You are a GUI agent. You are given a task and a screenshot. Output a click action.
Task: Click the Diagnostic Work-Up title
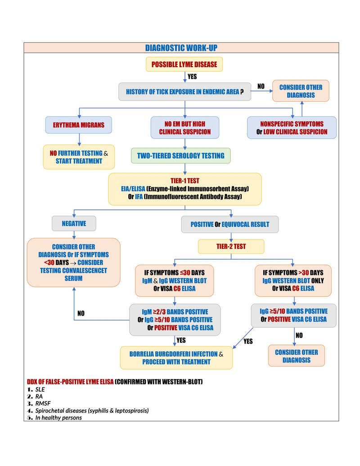point(181,48)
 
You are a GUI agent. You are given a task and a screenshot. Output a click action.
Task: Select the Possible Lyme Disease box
point(184,64)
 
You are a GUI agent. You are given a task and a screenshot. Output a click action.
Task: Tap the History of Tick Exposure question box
point(185,91)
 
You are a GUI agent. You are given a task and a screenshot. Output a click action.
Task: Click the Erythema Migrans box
point(79,125)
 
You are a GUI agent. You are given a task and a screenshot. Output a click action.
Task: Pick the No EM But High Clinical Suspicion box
point(185,127)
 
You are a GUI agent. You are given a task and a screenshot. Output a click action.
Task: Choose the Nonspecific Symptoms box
point(292,127)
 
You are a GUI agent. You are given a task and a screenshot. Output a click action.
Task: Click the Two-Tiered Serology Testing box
point(180,155)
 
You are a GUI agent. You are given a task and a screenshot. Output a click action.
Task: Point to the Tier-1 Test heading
point(185,181)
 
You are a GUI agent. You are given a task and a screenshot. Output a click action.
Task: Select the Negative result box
point(74,223)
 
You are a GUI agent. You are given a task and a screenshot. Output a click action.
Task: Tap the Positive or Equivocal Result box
point(230,224)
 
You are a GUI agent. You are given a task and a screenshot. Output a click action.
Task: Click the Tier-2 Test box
point(231,246)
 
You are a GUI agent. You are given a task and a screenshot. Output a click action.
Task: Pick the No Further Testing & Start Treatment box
point(79,157)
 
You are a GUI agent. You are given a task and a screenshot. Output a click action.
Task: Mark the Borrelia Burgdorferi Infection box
point(176,358)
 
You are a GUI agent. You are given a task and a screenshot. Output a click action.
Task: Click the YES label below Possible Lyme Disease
point(192,77)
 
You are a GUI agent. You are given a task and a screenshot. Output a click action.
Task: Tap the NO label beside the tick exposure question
point(261,86)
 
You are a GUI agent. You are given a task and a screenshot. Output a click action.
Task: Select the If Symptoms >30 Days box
point(293,281)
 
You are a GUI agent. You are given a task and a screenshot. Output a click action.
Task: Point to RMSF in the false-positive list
point(43,403)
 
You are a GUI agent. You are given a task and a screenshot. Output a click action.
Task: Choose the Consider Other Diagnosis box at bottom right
point(297,356)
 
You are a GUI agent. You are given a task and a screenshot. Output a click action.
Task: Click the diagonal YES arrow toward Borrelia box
point(243,338)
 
